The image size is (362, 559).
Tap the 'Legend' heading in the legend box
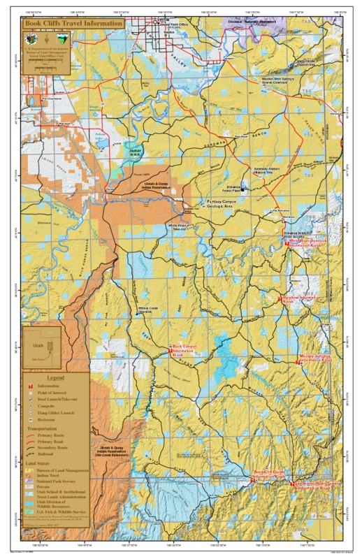55,377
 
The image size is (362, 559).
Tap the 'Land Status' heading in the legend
43,464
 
